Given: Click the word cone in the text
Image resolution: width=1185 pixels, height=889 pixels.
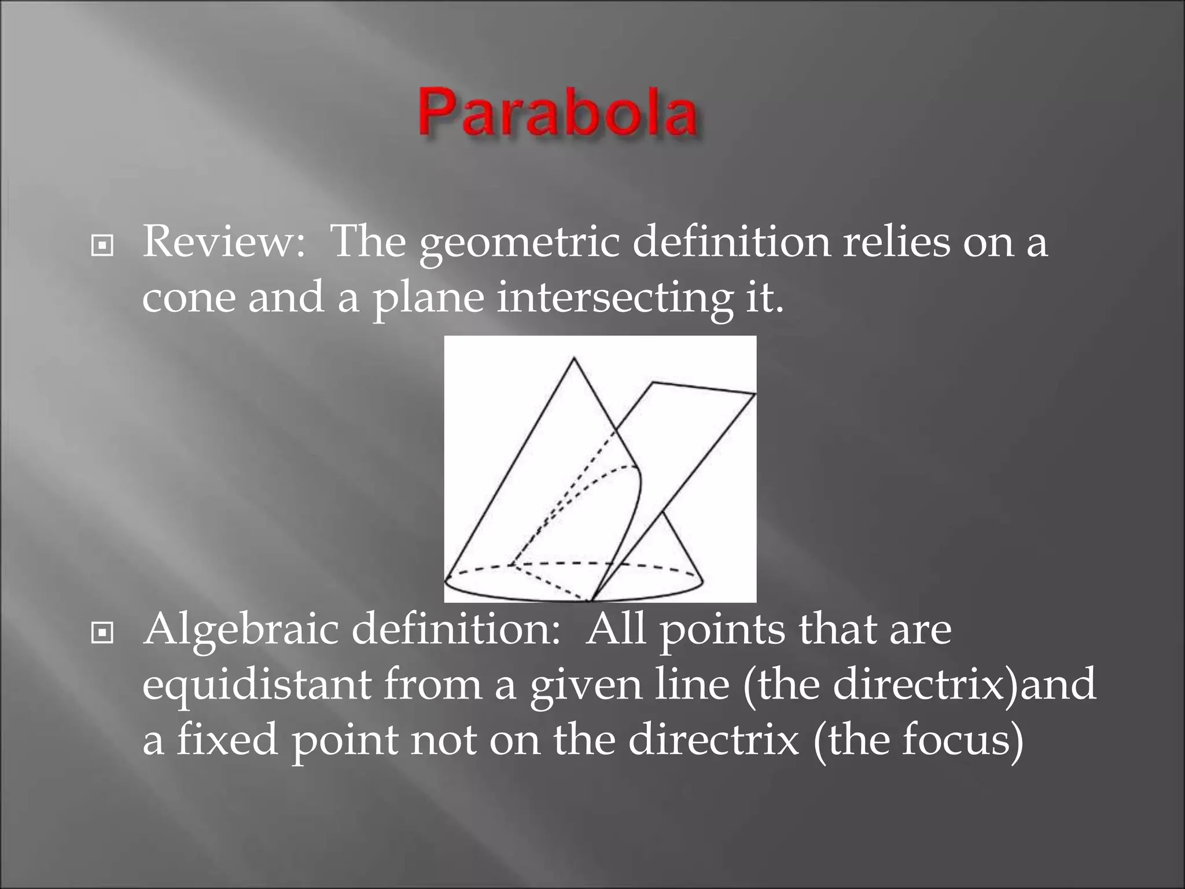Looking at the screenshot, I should coord(189,297).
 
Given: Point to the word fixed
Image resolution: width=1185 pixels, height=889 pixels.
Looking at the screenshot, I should coord(227,739).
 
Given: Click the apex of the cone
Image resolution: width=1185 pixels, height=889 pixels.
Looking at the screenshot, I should coord(573,358).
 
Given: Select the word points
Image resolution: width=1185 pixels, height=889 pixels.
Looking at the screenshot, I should coord(722,630).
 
